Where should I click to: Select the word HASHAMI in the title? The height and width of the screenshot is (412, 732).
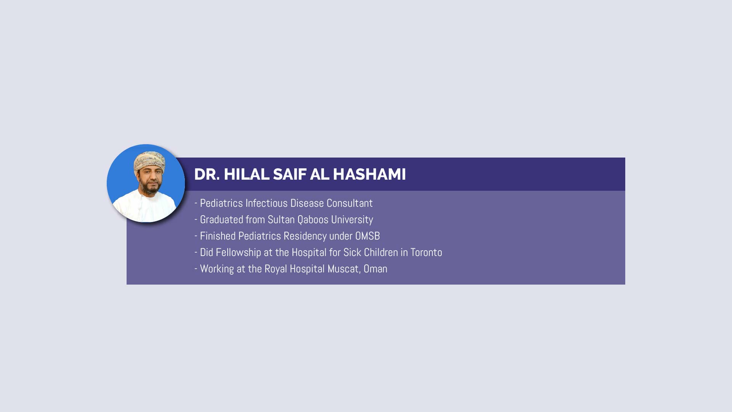[x=369, y=174]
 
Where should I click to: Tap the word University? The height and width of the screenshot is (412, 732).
[x=352, y=220]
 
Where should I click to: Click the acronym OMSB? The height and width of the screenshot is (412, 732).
[x=368, y=236]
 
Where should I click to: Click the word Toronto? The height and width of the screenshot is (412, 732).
[x=426, y=253]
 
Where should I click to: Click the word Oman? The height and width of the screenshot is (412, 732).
[x=376, y=269]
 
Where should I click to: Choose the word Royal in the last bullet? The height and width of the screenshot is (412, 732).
[x=276, y=269]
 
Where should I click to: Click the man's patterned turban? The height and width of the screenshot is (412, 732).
[x=149, y=161]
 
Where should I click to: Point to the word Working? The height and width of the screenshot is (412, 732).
[x=217, y=269]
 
